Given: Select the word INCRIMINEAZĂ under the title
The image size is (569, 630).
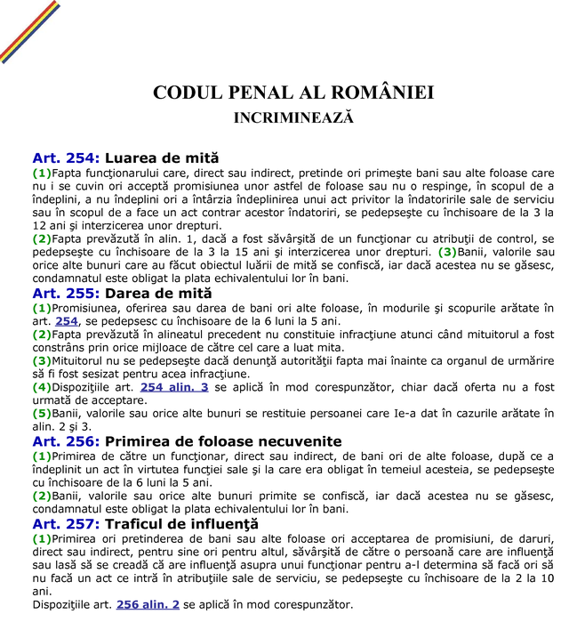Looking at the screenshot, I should pos(293,117).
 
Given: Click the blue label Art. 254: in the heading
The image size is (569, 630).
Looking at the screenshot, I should pos(66,157).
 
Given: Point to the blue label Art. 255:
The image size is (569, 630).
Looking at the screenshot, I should pos(66,292).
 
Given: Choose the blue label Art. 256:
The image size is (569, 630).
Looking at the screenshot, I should pos(66,440).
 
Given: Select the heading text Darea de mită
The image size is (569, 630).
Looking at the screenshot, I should pos(158,292).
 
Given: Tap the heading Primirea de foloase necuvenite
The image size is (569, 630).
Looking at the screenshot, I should pos(223,440).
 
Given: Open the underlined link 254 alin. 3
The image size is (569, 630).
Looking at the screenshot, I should pos(174,387).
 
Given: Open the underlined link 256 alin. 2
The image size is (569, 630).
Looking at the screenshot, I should pos(148,604).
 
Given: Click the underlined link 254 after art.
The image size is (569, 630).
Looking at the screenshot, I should pos(67,320).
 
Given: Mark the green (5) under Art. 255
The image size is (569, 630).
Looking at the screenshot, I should pos(42,413).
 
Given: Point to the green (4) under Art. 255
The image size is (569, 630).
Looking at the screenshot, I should pos(42,387).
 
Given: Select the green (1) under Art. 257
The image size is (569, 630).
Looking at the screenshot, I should pos(42,538).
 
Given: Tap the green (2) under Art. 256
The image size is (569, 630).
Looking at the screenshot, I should pos(42,496).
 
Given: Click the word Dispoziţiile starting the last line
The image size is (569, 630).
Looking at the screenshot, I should pos(61,604).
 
